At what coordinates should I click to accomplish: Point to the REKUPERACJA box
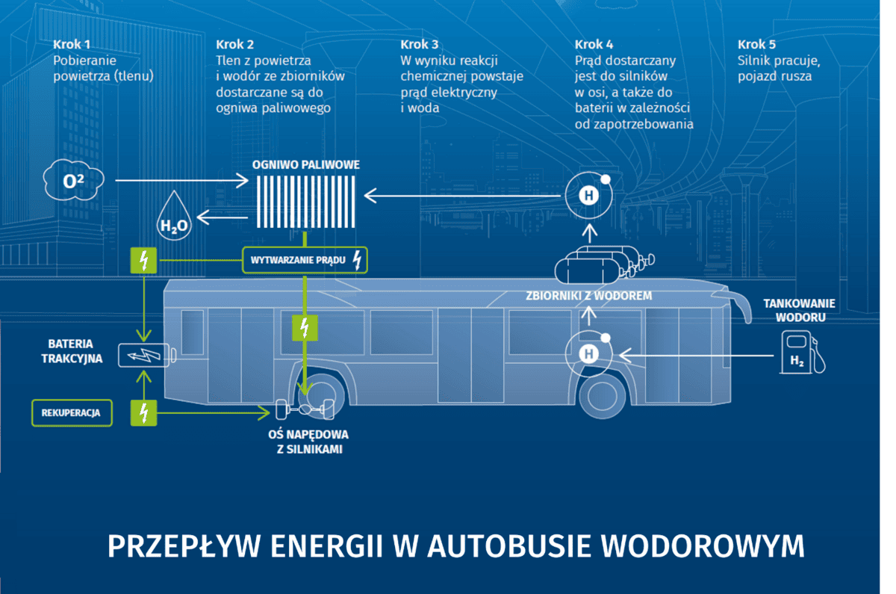pyautogui.click(x=72, y=412)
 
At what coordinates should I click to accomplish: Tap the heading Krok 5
pyautogui.click(x=756, y=43)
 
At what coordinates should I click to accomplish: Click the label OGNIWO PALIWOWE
pyautogui.click(x=306, y=164)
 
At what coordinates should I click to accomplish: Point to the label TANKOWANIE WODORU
pyautogui.click(x=799, y=310)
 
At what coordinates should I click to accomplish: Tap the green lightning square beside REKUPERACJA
pyautogui.click(x=143, y=412)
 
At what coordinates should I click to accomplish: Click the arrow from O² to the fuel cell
pyautogui.click(x=182, y=180)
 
